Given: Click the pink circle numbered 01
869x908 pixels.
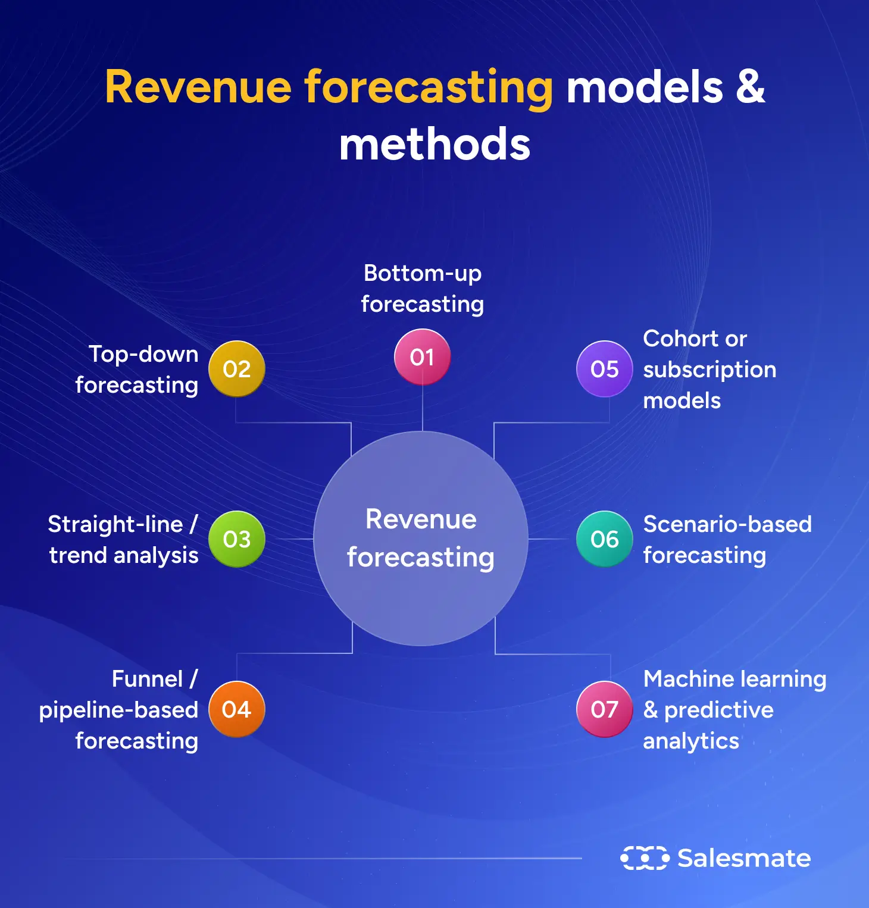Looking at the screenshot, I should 422,357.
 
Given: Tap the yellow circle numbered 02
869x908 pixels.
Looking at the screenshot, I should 236,369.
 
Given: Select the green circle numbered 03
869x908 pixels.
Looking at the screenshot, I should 236,539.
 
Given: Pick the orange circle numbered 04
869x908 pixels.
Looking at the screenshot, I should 236,709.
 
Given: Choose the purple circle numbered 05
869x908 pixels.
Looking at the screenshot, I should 604,369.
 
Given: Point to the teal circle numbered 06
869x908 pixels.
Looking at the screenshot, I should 604,539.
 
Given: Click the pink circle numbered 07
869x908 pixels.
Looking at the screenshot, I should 604,709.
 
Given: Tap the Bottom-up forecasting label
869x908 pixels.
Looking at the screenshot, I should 422,289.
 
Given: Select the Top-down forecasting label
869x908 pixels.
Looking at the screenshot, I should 137,370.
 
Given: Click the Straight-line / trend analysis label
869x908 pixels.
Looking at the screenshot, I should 123,540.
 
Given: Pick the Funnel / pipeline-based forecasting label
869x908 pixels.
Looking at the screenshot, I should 119,710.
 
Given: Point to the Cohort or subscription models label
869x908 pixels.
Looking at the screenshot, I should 709,370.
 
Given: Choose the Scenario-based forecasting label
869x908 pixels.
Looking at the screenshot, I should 727,540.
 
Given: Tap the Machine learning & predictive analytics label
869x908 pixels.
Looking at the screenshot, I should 734,710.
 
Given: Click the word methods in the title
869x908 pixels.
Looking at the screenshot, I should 434,145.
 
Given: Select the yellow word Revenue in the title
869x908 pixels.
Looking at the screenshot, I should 198,87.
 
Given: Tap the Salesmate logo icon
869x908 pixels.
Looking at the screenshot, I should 645,858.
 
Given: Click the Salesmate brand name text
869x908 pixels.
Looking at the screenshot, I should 744,858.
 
